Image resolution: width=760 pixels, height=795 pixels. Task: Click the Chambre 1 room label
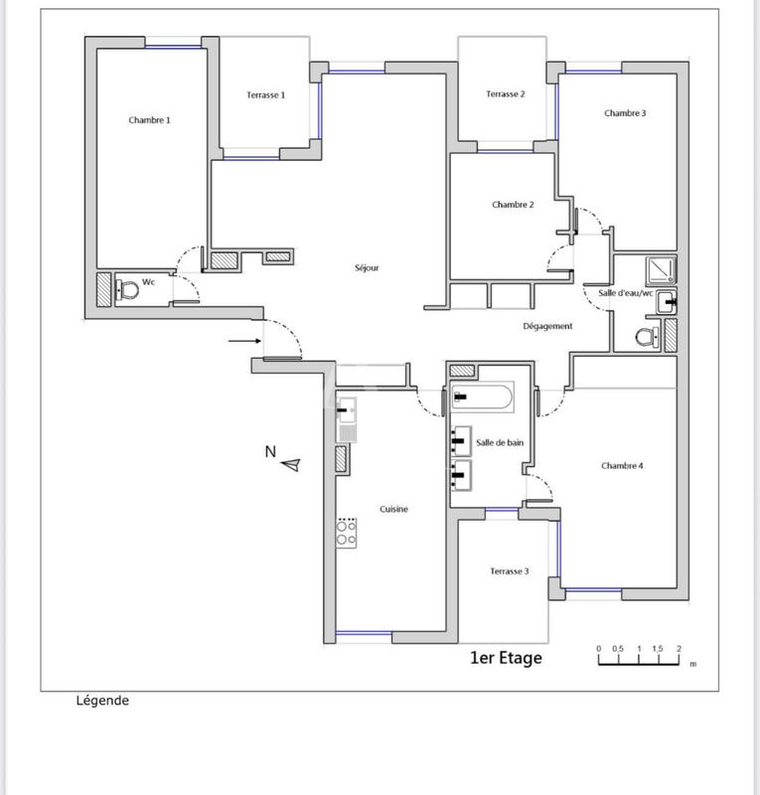click(149, 120)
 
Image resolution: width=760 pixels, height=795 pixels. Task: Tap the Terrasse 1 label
click(266, 95)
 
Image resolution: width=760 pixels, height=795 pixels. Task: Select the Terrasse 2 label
click(505, 94)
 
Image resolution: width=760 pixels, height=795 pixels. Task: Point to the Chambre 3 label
click(625, 113)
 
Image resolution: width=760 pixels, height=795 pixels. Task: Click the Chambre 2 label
click(513, 205)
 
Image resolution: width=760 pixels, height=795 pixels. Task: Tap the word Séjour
click(367, 267)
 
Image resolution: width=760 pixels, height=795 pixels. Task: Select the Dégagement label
click(547, 326)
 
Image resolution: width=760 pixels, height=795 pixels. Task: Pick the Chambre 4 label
click(622, 465)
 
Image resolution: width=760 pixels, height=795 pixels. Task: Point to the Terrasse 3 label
click(509, 571)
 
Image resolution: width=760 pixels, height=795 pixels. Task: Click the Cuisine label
click(394, 509)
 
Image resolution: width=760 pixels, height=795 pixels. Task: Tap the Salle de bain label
click(500, 443)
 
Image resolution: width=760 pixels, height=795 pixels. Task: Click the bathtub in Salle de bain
click(482, 398)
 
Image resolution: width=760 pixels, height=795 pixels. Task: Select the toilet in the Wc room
click(126, 290)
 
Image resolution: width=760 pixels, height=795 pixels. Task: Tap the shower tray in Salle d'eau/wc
click(661, 270)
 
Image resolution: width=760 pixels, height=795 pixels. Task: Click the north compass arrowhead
click(291, 463)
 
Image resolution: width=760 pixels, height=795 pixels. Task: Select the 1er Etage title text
click(506, 658)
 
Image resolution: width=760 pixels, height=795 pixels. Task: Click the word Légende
click(102, 701)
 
